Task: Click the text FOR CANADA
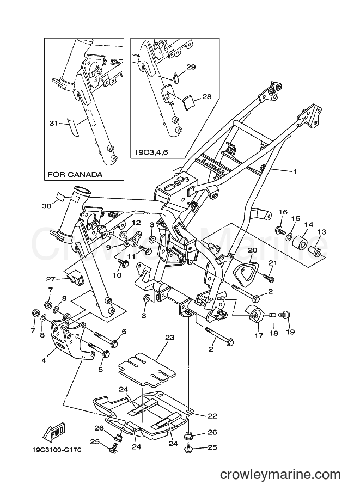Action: click(x=75, y=175)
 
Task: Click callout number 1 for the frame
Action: click(x=295, y=172)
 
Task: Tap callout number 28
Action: click(x=191, y=96)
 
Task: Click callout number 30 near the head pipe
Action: click(x=46, y=206)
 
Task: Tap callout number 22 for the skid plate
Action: click(x=212, y=415)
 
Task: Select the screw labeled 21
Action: click(x=268, y=277)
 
